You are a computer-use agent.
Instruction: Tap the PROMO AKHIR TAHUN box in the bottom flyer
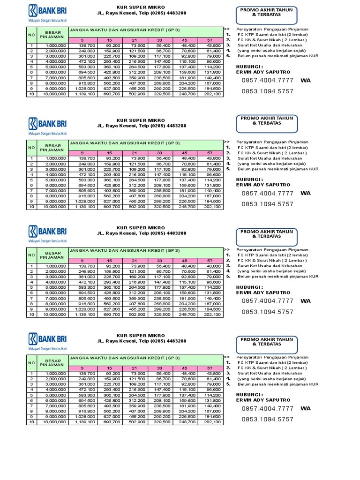coord(267,342)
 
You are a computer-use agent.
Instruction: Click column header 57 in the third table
coord(210,261)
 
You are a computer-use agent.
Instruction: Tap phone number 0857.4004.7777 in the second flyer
coord(268,193)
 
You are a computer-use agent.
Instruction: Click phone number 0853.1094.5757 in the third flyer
coord(268,312)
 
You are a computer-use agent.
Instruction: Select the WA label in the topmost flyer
coord(306,80)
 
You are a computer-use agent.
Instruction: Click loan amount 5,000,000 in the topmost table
coord(55,67)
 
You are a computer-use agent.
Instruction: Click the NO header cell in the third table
coord(31,255)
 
